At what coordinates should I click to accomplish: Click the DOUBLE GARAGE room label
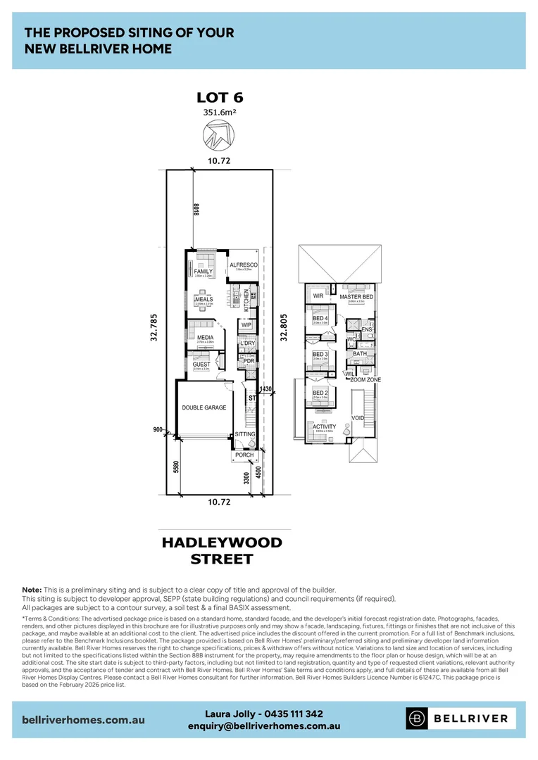(204, 407)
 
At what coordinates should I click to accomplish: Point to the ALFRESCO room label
(243, 265)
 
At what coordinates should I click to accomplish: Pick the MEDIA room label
(205, 338)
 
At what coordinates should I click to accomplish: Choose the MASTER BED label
(356, 297)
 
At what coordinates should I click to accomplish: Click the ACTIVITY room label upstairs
(324, 426)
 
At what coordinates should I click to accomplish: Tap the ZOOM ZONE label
(365, 379)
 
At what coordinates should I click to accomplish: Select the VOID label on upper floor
(358, 418)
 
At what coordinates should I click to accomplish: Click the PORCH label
(244, 455)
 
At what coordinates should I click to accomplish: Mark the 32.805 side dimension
(284, 327)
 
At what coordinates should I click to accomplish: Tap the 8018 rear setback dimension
(197, 210)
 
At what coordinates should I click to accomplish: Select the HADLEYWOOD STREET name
(222, 551)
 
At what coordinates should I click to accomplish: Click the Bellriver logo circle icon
(418, 718)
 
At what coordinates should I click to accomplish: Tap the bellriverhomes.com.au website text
(84, 720)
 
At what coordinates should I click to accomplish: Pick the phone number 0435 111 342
(290, 714)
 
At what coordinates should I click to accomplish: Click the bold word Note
(31, 589)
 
